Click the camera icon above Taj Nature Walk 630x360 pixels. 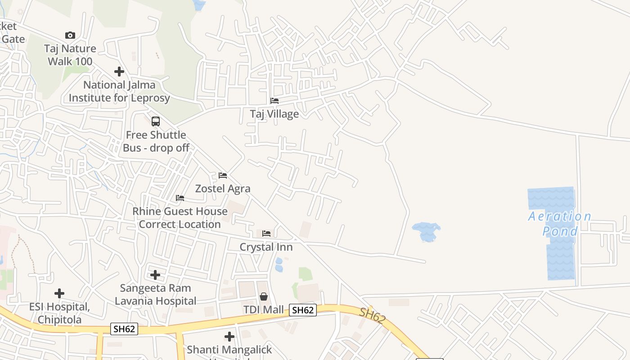(x=70, y=35)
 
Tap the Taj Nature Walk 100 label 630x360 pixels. (x=70, y=55)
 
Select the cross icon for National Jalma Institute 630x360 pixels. (x=119, y=72)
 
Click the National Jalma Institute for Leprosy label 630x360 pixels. (x=119, y=91)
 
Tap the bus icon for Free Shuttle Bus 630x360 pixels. (x=156, y=121)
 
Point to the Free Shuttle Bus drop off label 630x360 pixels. (x=156, y=141)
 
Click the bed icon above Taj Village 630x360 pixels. (x=274, y=101)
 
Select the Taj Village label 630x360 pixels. (x=274, y=114)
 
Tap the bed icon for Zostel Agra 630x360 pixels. (x=223, y=175)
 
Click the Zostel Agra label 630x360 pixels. (x=223, y=189)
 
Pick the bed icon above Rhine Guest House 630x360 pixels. (x=180, y=198)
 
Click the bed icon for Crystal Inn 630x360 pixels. (x=266, y=234)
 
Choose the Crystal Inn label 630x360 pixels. (x=266, y=247)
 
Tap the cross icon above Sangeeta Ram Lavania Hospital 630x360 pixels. (x=155, y=274)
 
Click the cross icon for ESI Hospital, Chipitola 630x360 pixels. (x=59, y=293)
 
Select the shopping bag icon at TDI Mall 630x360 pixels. (x=264, y=297)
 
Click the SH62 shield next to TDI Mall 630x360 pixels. (x=302, y=310)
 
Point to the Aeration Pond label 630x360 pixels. (x=560, y=224)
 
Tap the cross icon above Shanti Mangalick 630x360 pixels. (x=229, y=336)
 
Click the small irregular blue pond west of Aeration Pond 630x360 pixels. (x=426, y=230)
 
